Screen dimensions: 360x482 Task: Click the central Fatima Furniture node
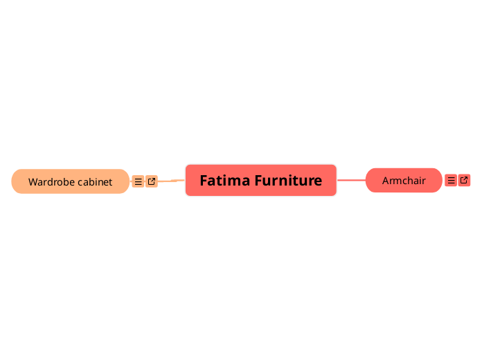click(260, 181)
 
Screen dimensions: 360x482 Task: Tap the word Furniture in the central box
click(288, 181)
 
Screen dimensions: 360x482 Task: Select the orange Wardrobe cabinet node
click(70, 181)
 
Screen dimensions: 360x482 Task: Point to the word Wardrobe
click(51, 182)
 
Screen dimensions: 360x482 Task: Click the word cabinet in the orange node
click(95, 182)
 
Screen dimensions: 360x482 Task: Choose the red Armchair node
click(404, 181)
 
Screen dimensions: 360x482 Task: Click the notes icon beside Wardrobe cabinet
click(138, 181)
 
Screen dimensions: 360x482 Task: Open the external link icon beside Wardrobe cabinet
click(152, 181)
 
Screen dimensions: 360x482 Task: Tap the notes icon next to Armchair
click(451, 180)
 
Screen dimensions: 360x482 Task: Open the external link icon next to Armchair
click(464, 180)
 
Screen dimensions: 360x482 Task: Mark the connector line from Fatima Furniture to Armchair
click(351, 180)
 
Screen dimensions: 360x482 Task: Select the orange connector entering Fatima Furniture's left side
click(172, 181)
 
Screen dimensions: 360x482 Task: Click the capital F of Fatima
click(204, 181)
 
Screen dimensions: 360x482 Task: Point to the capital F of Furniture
click(258, 181)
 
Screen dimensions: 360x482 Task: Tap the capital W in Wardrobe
click(33, 182)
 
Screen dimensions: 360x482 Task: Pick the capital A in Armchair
click(386, 181)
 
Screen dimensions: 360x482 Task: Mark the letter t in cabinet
click(110, 182)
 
